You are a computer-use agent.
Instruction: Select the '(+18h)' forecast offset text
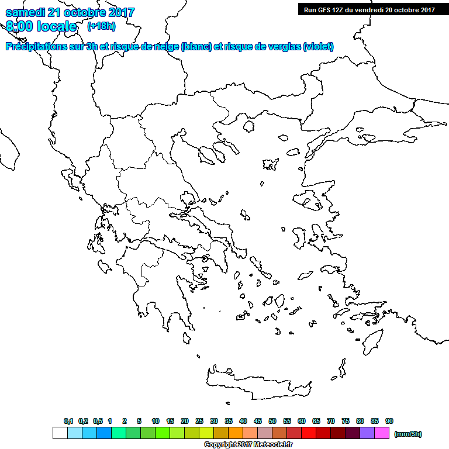pyautogui.click(x=101, y=26)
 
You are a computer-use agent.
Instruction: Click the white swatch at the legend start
pyautogui.click(x=60, y=433)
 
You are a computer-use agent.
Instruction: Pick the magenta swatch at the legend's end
pyautogui.click(x=382, y=433)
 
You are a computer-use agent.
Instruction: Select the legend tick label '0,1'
pyautogui.click(x=68, y=421)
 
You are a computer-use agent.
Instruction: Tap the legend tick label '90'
pyautogui.click(x=389, y=421)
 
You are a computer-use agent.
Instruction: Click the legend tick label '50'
pyautogui.click(x=272, y=421)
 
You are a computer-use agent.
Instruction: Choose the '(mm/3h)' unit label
pyautogui.click(x=408, y=434)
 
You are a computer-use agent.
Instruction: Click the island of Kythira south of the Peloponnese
pyautogui.click(x=186, y=338)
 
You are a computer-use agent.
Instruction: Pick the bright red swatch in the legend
pyautogui.click(x=309, y=433)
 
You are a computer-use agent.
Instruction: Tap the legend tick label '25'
pyautogui.click(x=199, y=421)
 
